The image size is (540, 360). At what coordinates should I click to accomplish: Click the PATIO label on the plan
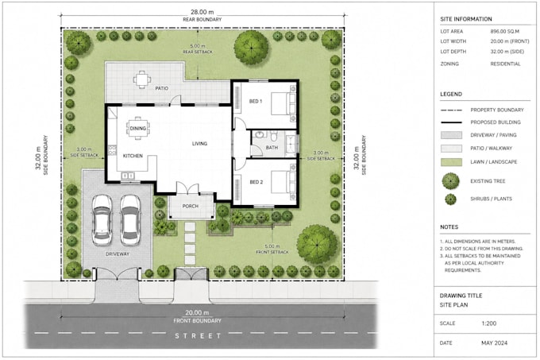pos(161,88)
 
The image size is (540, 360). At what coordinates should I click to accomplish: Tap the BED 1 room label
pos(256,101)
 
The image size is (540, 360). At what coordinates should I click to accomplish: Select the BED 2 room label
pos(256,182)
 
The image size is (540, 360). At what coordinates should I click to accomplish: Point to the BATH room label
pos(272,148)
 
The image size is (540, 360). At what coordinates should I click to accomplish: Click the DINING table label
pos(137,129)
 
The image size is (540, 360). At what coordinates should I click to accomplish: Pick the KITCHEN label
pos(133,156)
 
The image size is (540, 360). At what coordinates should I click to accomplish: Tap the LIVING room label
pos(200,144)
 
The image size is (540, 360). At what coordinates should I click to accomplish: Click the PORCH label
pos(190,206)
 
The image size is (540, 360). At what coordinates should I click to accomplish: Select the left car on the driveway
pos(102,220)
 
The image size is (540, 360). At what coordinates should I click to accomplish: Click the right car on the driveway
pos(130,220)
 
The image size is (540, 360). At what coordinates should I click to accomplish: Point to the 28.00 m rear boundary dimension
pos(202,12)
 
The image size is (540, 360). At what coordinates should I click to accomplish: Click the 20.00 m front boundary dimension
pos(197,313)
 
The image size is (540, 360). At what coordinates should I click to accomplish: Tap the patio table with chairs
pos(142,80)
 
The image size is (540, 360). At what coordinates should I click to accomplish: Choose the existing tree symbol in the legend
pos(451,181)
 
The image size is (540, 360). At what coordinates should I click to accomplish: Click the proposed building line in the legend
pos(451,122)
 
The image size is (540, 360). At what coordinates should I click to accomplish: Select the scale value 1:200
pos(489,323)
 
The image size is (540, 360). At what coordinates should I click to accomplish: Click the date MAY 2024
pos(494,343)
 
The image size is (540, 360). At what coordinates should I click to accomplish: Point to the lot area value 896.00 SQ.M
pos(504,31)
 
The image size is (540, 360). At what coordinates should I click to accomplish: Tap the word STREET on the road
pos(198,336)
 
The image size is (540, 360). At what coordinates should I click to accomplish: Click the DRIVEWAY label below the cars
pos(118,254)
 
